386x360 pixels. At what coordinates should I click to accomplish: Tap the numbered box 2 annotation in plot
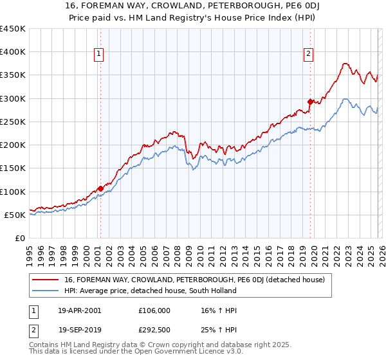[x=309, y=55]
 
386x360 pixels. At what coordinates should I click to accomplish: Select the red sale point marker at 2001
[x=100, y=188]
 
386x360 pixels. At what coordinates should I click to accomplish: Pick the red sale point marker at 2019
[x=310, y=102]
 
